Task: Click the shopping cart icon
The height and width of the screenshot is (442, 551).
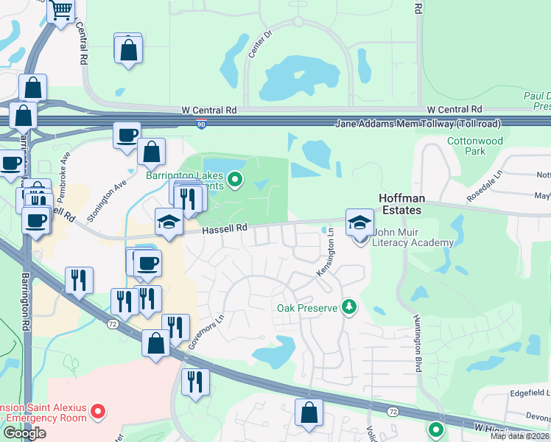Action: click(x=61, y=10)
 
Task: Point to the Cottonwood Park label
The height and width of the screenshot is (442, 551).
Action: click(x=475, y=146)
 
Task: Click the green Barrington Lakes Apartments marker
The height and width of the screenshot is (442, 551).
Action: click(x=235, y=178)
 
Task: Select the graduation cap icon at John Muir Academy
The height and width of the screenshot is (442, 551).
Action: click(x=359, y=222)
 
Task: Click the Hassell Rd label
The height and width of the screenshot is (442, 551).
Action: click(x=224, y=229)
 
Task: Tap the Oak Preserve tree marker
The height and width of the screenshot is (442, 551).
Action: click(x=349, y=306)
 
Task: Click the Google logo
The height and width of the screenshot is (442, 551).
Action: click(x=24, y=433)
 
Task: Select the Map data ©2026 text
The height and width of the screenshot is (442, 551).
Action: click(x=520, y=436)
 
